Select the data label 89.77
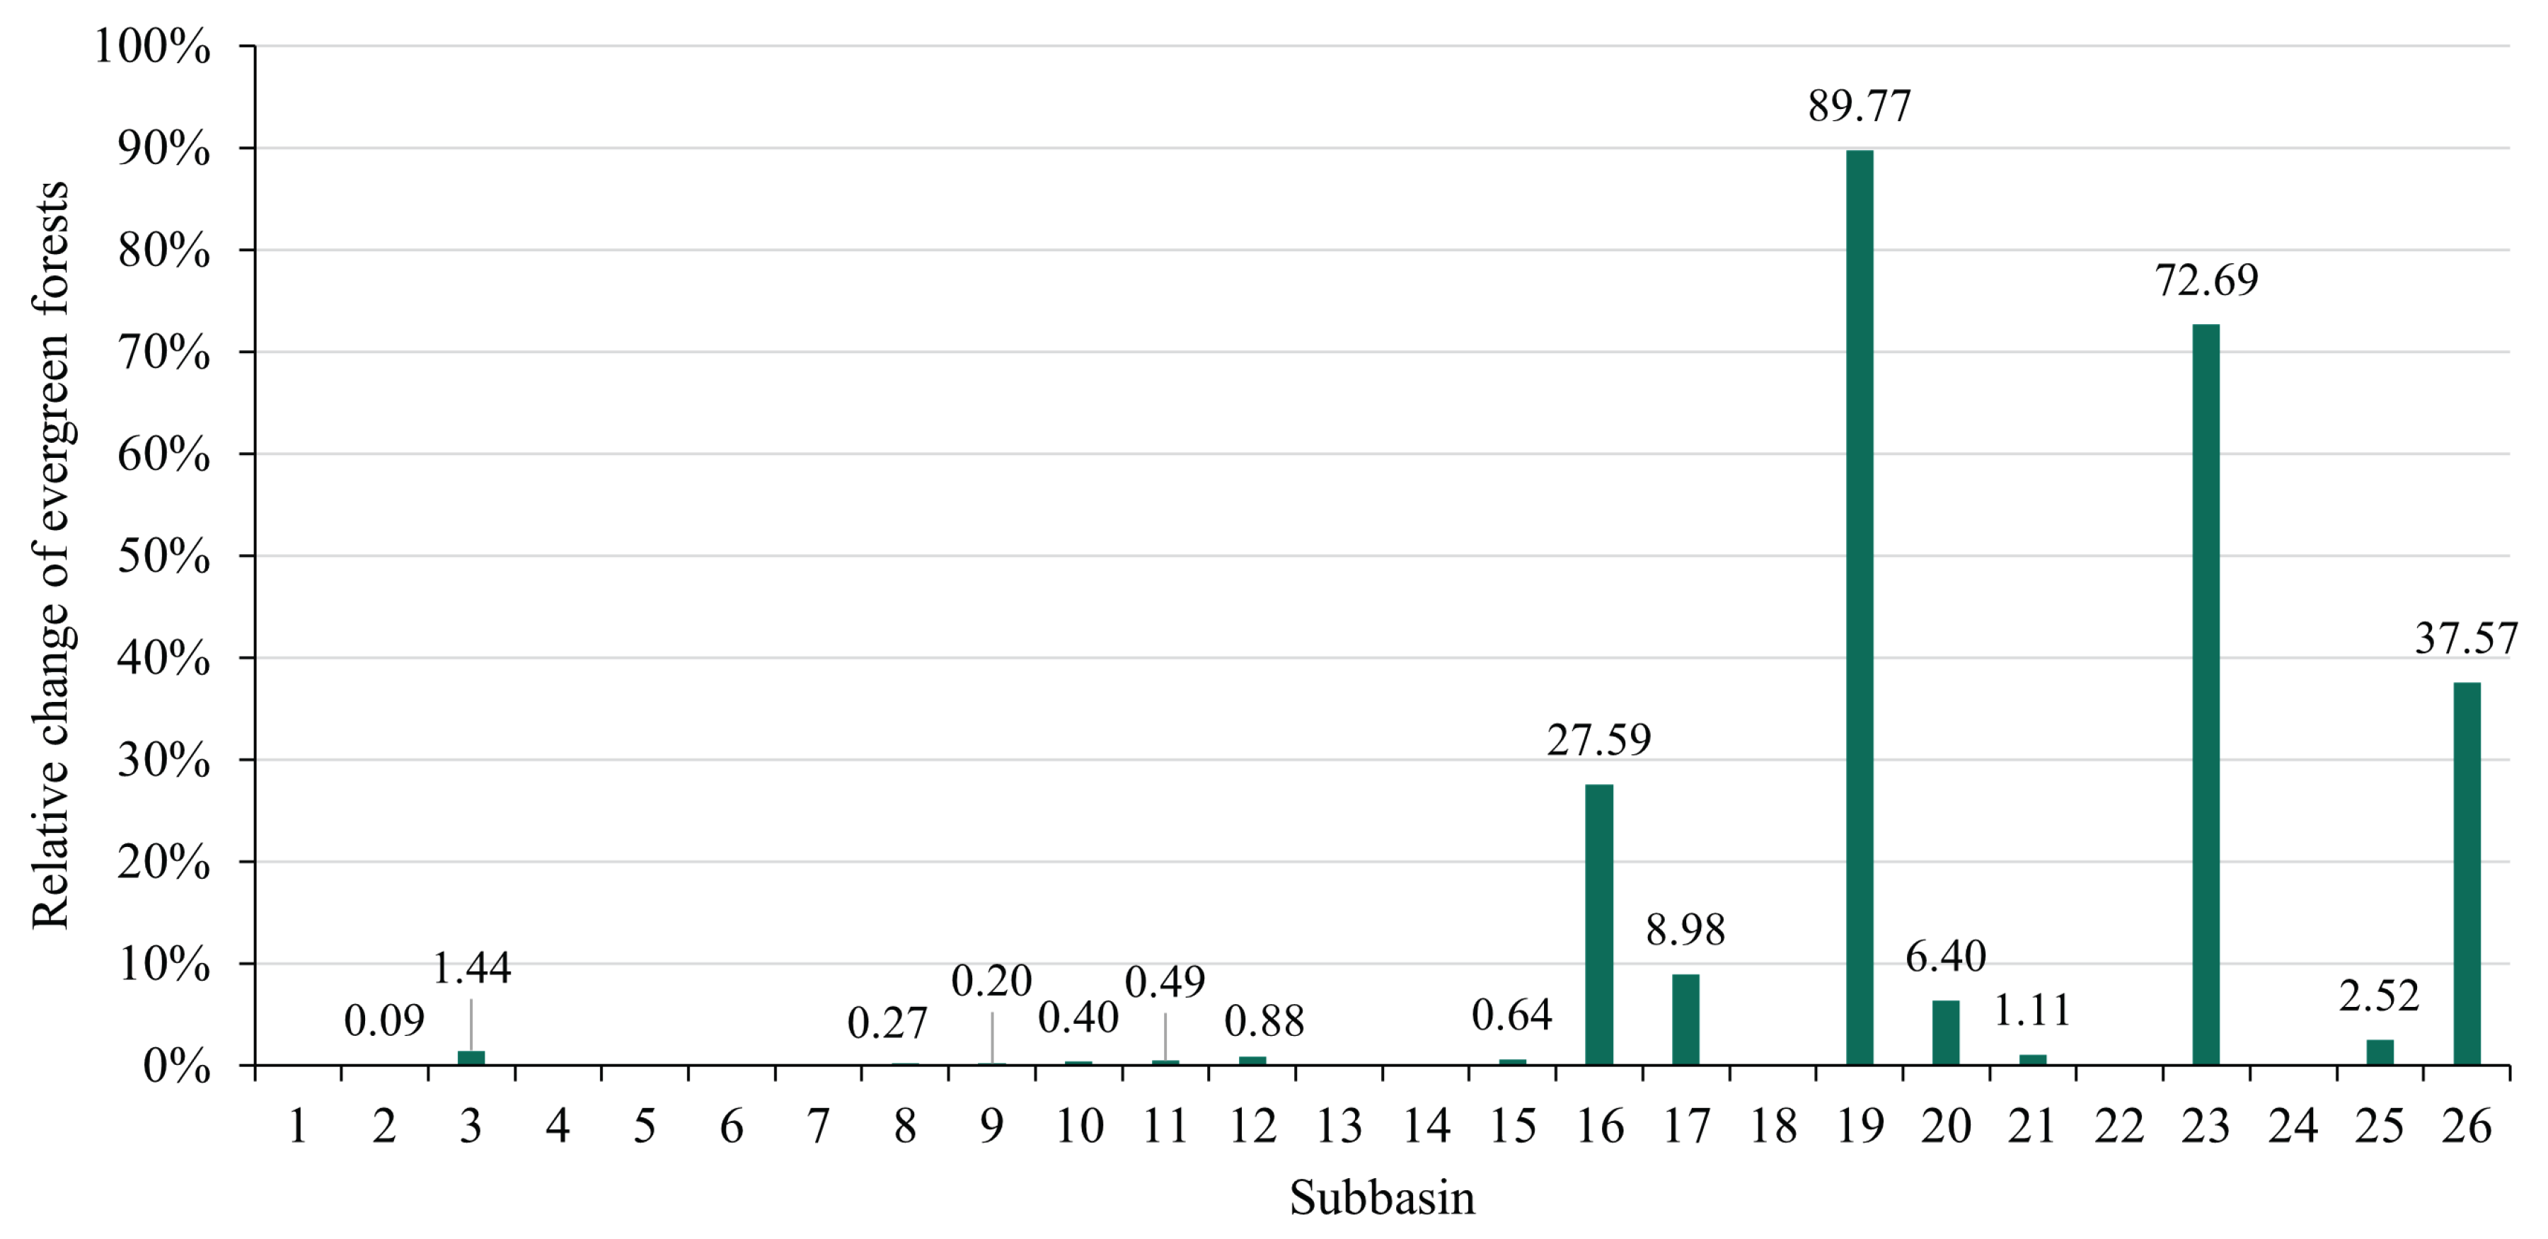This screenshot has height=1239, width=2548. point(1860,107)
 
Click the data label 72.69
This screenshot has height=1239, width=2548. point(2207,281)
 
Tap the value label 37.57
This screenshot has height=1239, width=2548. point(2466,639)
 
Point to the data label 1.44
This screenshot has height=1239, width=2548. point(472,969)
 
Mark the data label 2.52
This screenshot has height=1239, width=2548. point(2379,996)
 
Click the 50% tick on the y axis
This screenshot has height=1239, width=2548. point(164,558)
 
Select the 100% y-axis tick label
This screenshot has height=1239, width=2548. point(154,47)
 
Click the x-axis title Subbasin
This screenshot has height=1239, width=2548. point(1382,1199)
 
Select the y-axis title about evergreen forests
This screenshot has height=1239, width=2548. point(52,555)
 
